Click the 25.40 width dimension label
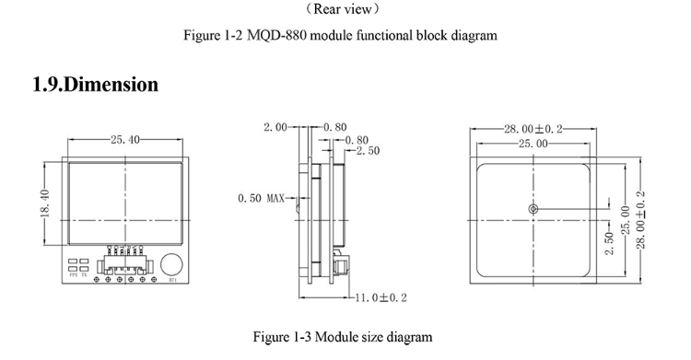[125, 140]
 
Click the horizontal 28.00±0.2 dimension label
[533, 130]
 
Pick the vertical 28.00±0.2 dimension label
[642, 219]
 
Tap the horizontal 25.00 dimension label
[532, 145]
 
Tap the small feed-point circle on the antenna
[533, 211]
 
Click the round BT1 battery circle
[171, 263]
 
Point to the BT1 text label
[171, 280]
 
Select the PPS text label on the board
[74, 274]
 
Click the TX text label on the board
[86, 274]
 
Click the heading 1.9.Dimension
[95, 85]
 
